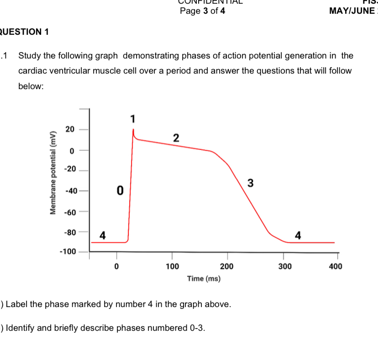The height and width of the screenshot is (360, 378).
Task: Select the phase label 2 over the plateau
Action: click(176, 138)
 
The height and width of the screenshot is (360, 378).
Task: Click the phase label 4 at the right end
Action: click(298, 235)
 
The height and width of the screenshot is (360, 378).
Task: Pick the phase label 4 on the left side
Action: click(103, 235)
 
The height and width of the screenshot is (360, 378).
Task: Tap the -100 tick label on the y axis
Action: click(67, 252)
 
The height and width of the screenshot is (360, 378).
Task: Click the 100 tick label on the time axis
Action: click(172, 266)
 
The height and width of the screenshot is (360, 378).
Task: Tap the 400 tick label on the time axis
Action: click(336, 266)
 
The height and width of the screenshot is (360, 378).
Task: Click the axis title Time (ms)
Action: click(204, 278)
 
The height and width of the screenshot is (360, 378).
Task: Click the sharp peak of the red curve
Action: click(133, 129)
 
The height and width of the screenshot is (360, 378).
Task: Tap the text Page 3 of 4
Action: click(202, 11)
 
